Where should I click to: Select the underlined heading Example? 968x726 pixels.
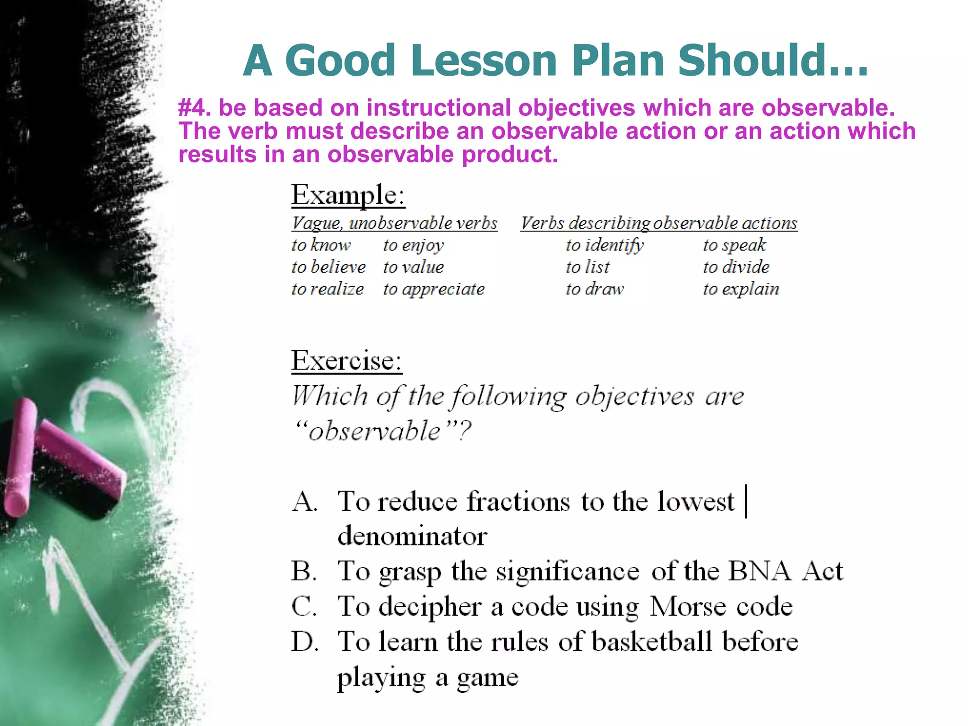(348, 194)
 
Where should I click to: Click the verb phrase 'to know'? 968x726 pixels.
(321, 245)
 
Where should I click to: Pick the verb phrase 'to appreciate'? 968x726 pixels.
(433, 289)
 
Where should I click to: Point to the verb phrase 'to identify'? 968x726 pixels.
(605, 245)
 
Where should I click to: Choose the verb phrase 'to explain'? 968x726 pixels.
(741, 289)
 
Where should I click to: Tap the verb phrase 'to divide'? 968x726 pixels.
(736, 267)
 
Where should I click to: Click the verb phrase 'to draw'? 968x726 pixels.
(595, 289)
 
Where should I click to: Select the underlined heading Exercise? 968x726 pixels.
(346, 361)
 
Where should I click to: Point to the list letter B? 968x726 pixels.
(303, 571)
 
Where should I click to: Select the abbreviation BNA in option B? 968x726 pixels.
(759, 571)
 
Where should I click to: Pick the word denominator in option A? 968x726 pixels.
(412, 536)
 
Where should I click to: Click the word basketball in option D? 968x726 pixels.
(652, 642)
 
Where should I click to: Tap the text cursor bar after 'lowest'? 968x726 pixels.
(746, 501)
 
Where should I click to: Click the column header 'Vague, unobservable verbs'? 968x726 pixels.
(395, 223)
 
